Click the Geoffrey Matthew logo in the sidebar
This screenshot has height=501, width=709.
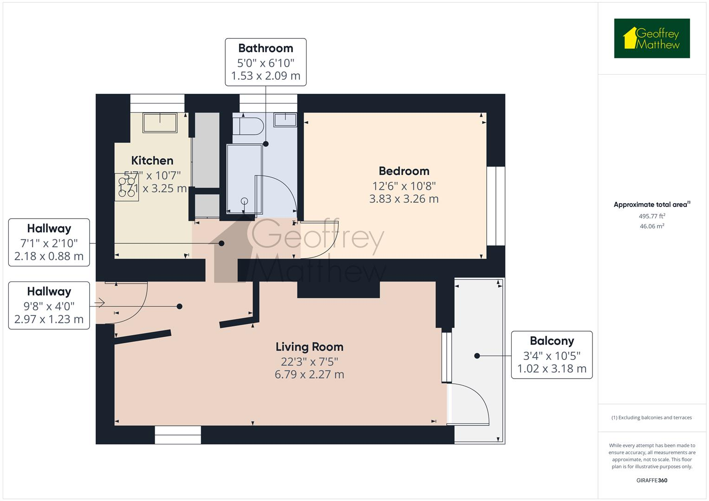pyautogui.click(x=651, y=39)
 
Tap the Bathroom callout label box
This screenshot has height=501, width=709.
pyautogui.click(x=266, y=62)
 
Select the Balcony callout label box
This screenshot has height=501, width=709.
pyautogui.click(x=552, y=355)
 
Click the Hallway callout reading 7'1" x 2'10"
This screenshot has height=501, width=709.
pyautogui.click(x=49, y=242)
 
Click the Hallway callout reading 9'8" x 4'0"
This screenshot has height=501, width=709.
pyautogui.click(x=49, y=305)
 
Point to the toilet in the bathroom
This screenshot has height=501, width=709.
pyautogui.click(x=248, y=125)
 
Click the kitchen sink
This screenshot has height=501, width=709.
pyautogui.click(x=160, y=123)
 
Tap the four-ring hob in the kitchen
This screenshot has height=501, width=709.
pyautogui.click(x=126, y=186)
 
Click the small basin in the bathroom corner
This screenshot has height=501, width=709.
pyautogui.click(x=285, y=120)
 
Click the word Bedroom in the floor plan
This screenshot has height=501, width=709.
pyautogui.click(x=403, y=171)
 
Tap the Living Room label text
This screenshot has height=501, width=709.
pyautogui.click(x=309, y=347)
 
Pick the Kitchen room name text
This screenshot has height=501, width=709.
pyautogui.click(x=152, y=161)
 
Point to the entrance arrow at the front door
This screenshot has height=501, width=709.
pyautogui.click(x=99, y=303)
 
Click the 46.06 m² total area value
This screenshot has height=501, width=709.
pyautogui.click(x=651, y=226)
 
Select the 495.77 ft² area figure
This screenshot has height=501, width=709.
pyautogui.click(x=651, y=216)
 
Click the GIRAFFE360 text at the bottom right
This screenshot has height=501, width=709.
pyautogui.click(x=651, y=480)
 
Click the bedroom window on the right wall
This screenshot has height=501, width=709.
pyautogui.click(x=495, y=206)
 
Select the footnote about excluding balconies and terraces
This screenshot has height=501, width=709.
pyautogui.click(x=651, y=417)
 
